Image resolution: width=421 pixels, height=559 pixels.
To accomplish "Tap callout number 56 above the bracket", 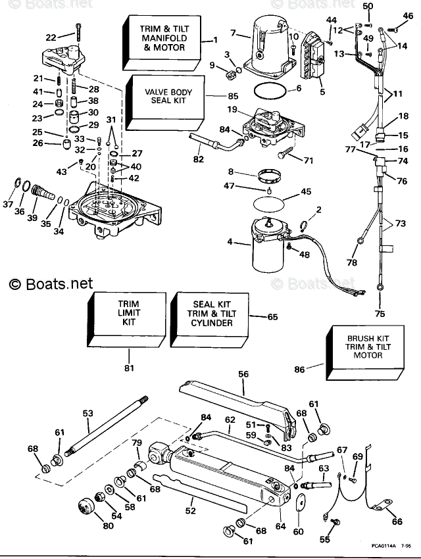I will [243, 374].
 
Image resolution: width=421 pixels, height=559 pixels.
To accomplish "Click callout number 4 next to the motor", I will [230, 243].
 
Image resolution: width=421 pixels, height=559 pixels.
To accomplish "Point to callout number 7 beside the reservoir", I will [232, 33].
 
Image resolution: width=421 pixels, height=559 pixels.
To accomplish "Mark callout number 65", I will [273, 317].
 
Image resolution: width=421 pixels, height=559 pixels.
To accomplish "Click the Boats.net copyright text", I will [51, 284].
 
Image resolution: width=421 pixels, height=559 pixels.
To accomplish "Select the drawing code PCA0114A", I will [384, 545].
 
